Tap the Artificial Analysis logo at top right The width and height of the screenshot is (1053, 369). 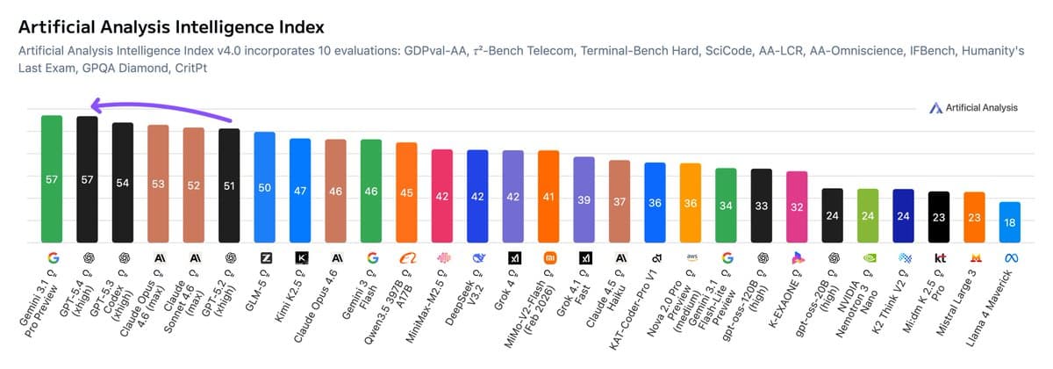pos(974,107)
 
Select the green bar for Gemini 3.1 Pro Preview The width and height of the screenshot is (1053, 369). pos(52,179)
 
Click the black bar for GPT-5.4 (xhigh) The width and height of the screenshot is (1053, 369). pos(87,179)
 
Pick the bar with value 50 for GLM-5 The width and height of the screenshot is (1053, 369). pos(264,187)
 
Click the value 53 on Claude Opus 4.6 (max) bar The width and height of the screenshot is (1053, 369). pos(158,184)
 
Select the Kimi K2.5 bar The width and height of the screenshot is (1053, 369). pos(300,191)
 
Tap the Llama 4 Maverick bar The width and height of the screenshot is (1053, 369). pos(1009,222)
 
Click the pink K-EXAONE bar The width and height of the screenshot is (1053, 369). pos(797,207)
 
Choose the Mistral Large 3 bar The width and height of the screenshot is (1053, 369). pos(974,217)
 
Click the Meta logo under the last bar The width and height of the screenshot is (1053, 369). pos(1009,258)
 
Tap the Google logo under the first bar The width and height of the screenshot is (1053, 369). pos(52,258)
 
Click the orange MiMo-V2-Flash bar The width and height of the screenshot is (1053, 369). pos(548,197)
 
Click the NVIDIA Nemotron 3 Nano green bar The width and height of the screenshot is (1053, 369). pos(868,216)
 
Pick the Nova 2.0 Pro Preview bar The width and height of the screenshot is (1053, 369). pos(691,203)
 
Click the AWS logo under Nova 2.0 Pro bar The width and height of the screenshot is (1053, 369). pos(691,258)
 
